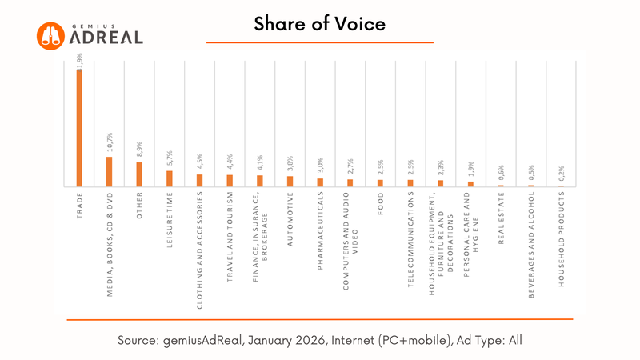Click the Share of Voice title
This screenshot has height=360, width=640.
(320, 24)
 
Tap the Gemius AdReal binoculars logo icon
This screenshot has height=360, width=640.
(50, 34)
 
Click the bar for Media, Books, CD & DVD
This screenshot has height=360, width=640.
(109, 171)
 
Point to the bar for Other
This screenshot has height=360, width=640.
(138, 174)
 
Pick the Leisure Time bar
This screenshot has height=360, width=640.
(169, 178)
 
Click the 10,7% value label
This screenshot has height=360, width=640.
(109, 144)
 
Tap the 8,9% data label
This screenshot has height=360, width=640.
(138, 150)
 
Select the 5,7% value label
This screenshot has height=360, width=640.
(169, 158)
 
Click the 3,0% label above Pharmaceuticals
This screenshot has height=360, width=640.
(319, 166)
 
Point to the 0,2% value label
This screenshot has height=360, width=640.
(560, 174)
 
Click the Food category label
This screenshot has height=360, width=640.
(380, 204)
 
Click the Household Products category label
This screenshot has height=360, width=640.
(560, 241)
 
